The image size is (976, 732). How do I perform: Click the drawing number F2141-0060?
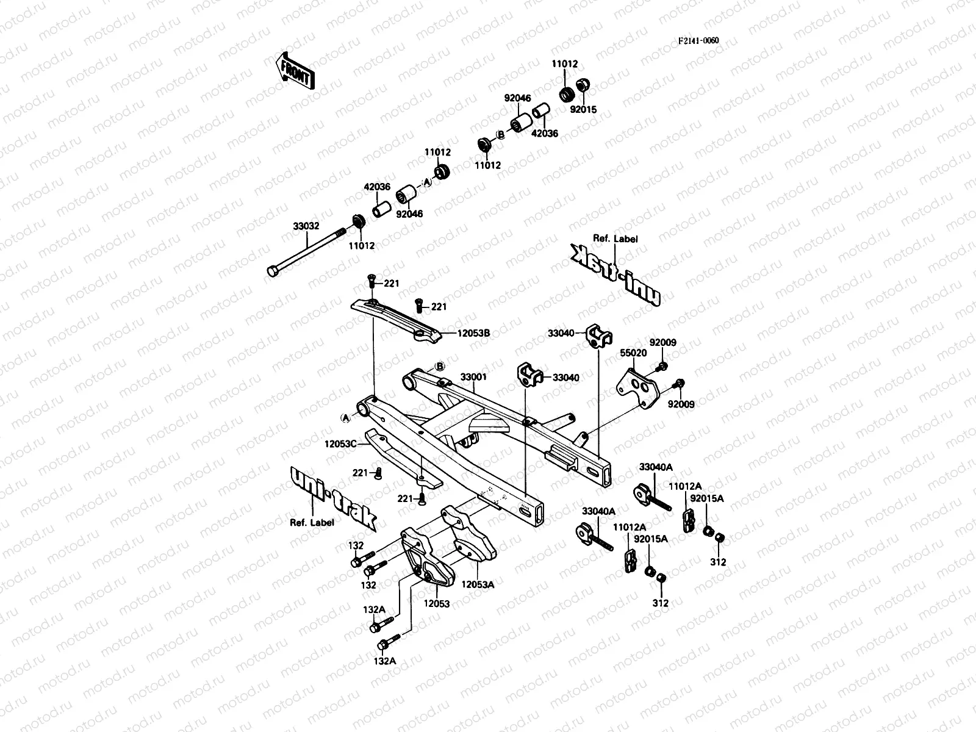699,41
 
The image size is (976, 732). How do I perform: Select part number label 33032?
306,226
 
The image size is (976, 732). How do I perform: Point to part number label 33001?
473,378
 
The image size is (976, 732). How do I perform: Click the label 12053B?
474,333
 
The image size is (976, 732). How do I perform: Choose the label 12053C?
340,444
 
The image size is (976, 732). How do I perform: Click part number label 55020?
633,353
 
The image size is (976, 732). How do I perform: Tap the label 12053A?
478,584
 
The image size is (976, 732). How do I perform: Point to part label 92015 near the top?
583,110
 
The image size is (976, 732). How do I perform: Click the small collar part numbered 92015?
583,85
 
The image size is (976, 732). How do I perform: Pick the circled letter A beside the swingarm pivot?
346,417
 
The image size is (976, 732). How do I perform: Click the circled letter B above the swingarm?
438,367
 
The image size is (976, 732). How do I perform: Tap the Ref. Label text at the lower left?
312,522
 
